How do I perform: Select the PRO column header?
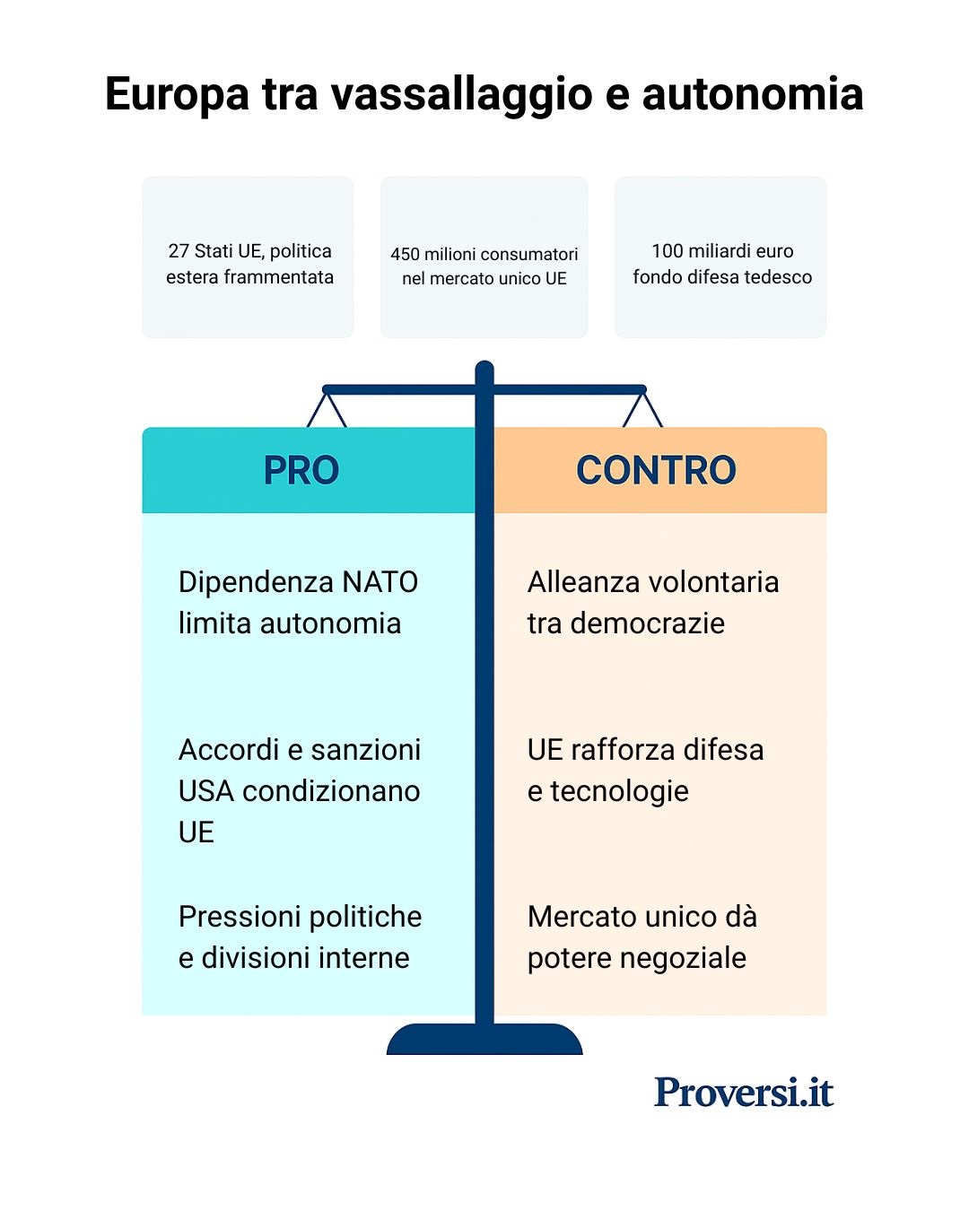coord(301,470)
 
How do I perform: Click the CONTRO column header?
coord(656,470)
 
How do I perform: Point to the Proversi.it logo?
coord(744,1092)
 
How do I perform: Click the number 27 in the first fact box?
coord(178,251)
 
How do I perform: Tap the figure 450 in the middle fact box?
coord(405,255)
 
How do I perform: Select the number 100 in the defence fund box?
coord(667,251)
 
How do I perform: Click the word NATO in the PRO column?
coord(381,582)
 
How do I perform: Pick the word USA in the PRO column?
coord(206,791)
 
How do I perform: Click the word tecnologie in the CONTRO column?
coord(619,791)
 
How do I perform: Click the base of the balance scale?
coord(484,1040)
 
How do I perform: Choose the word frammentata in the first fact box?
coord(278,277)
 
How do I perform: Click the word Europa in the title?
coord(176,95)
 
